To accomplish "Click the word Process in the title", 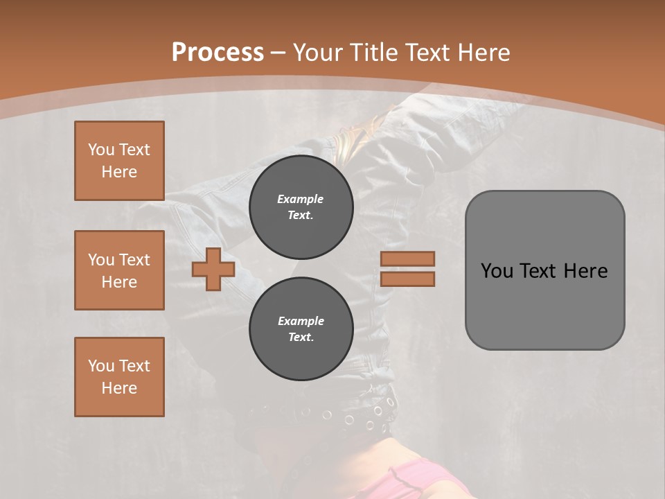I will [218, 53].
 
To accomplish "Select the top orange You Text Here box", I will [119, 161].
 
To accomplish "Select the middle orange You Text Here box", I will [119, 270].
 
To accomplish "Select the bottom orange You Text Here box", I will [119, 377].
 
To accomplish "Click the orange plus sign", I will [213, 269].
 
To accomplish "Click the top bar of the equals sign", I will [407, 259].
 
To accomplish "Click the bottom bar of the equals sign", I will [407, 279].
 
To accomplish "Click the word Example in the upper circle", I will [300, 199].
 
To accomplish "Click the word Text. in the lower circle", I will [301, 338].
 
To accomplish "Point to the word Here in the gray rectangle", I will [585, 271].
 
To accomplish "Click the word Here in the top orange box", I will [119, 172].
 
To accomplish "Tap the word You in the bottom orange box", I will [101, 366].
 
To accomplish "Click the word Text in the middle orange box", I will [134, 260].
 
